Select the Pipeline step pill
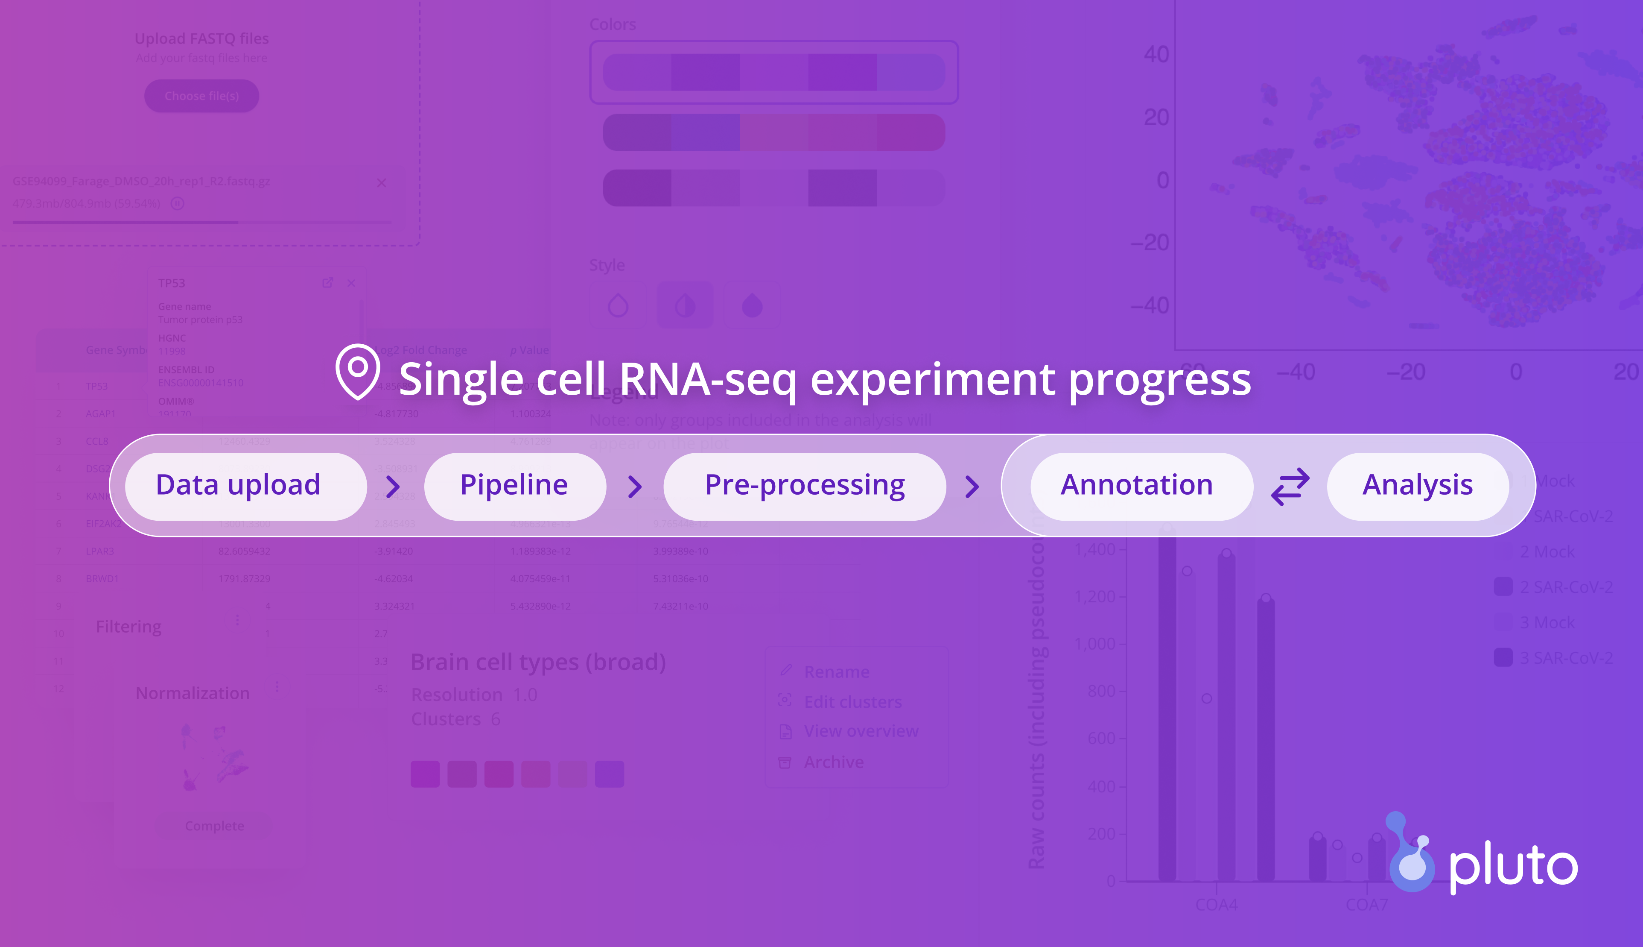(514, 486)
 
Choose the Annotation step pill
(1137, 486)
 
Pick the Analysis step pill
(1418, 486)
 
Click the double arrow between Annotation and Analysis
(1290, 487)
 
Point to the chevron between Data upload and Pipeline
(393, 487)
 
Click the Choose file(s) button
(201, 96)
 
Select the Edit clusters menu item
(852, 702)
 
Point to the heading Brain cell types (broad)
(538, 662)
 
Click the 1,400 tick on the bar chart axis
(1096, 550)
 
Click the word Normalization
(193, 693)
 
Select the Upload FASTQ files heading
(201, 39)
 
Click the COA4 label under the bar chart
(1217, 905)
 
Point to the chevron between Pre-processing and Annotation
(972, 487)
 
